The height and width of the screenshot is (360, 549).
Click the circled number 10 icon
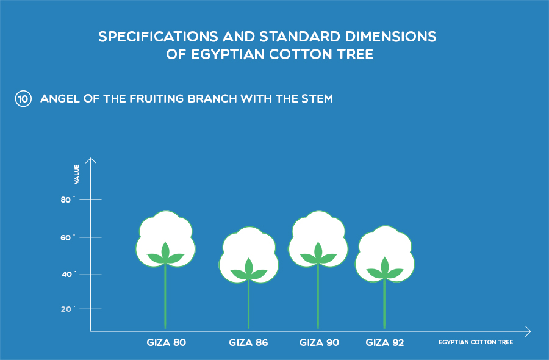(23, 99)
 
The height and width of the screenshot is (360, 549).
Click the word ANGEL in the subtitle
(60, 99)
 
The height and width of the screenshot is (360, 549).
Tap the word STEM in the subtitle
(317, 99)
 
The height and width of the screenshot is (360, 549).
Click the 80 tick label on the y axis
(66, 200)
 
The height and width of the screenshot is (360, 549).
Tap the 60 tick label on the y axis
(66, 237)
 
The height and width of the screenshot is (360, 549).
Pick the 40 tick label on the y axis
(66, 275)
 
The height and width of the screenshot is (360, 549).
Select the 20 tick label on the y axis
(66, 309)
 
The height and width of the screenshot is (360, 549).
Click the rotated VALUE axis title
(77, 174)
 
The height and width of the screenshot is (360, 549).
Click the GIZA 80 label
(167, 342)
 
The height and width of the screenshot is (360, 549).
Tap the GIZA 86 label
(249, 342)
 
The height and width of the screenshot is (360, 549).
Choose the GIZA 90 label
(319, 342)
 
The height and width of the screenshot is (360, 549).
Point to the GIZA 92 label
(385, 342)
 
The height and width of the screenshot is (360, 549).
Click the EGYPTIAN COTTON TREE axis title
(476, 342)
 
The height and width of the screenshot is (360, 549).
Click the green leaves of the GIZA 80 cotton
(165, 254)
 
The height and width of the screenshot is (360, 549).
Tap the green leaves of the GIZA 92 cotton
(385, 270)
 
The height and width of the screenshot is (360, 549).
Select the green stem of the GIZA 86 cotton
(249, 304)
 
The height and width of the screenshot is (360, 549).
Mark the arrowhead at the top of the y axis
(91, 160)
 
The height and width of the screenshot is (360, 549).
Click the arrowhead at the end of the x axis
(528, 331)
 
